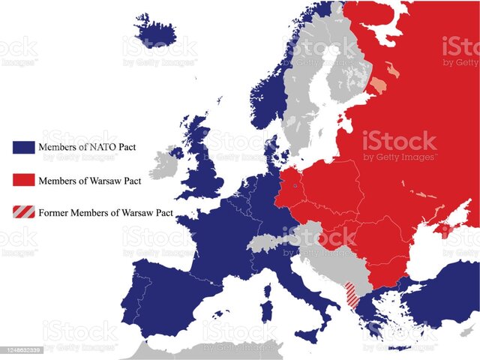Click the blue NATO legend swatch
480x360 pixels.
22,146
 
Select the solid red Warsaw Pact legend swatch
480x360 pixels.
22,180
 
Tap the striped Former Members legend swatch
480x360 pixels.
22,212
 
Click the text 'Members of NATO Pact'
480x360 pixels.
86,146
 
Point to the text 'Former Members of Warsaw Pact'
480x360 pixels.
106,212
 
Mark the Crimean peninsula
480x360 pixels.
445,229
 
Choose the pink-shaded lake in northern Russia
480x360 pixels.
379,82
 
